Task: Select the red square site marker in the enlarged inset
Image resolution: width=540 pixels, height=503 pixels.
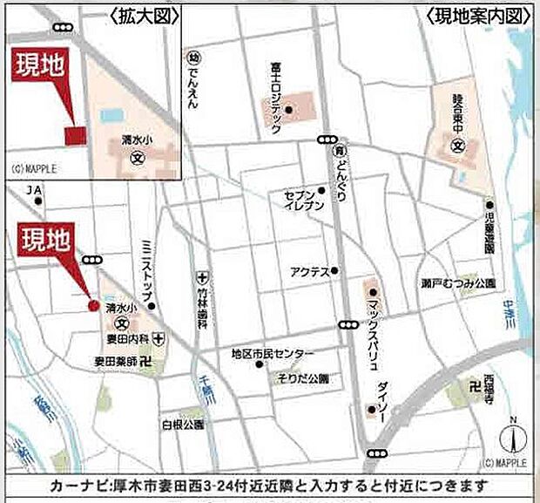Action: [x=76, y=135]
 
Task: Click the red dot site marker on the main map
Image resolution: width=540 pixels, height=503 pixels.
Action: [x=93, y=305]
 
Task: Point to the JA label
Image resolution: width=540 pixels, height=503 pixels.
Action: [x=34, y=189]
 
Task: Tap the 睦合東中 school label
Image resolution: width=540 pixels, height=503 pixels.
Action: [x=457, y=112]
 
